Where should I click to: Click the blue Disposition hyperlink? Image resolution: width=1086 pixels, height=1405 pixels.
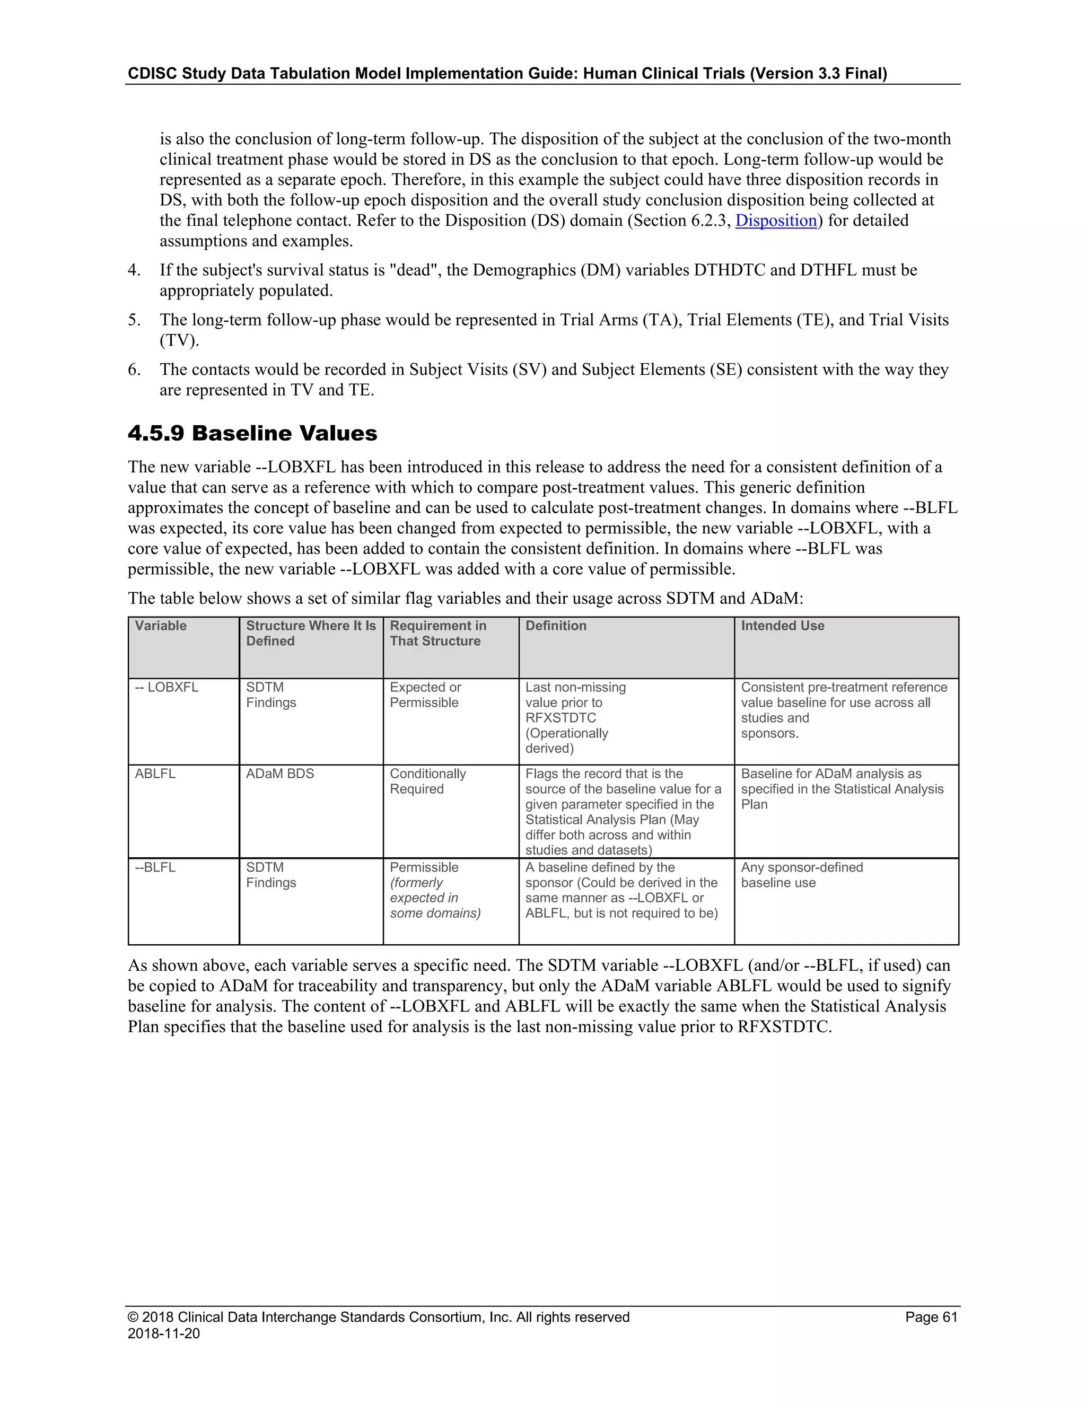[776, 221]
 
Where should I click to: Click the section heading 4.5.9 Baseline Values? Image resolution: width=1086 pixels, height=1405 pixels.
[252, 433]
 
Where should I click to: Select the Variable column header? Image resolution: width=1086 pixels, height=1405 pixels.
[161, 626]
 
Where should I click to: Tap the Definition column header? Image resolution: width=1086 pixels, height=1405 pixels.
[556, 626]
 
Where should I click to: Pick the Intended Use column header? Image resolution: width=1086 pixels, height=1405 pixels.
[782, 626]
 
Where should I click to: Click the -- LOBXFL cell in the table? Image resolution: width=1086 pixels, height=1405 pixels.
[167, 687]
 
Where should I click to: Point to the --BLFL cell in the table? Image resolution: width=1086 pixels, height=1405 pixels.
[155, 867]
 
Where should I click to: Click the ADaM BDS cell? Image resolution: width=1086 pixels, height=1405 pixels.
[280, 774]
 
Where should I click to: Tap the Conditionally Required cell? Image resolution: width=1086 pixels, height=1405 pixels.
[428, 781]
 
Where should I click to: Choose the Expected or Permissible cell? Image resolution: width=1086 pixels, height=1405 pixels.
[425, 695]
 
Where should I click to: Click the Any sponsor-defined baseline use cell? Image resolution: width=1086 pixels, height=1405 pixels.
[802, 875]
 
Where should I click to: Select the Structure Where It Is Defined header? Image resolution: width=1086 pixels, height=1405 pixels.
[311, 634]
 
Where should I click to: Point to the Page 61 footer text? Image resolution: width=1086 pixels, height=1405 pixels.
[931, 1317]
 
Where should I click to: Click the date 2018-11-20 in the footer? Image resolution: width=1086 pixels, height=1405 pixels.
[164, 1333]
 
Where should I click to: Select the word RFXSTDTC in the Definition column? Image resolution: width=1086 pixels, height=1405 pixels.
[560, 718]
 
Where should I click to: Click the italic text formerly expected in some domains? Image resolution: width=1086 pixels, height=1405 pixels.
[435, 898]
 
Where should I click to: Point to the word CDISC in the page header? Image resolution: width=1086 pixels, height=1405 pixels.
[152, 73]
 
